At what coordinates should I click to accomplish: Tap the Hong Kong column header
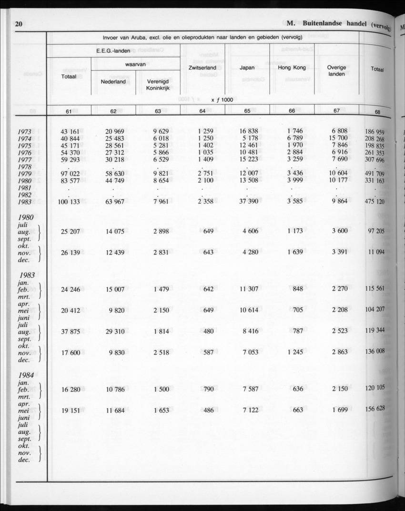[292, 68]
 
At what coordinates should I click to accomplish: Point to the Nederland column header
[113, 82]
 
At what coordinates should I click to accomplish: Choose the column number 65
[247, 111]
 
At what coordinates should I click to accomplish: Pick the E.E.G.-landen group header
[113, 51]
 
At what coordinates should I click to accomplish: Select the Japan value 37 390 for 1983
[247, 202]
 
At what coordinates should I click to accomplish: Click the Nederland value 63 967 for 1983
[115, 202]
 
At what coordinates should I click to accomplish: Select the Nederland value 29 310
[115, 329]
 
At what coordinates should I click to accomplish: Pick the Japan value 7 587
[250, 389]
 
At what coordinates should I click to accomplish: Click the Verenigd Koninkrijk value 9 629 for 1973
[161, 132]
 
